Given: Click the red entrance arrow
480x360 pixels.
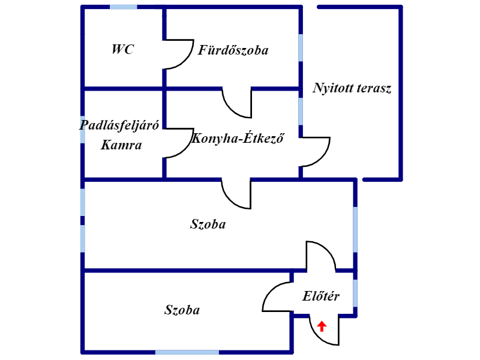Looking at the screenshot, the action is pos(322,326).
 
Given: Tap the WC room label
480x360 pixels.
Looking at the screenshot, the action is pos(123,49).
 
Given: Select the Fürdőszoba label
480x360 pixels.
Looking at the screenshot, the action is pos(233,50).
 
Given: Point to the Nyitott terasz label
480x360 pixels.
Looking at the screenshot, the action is pos(352,88).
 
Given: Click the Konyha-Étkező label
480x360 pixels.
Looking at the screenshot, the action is pos(238,138).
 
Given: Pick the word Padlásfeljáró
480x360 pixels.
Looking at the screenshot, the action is pos(119,125).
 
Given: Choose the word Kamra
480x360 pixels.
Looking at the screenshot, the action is pos(121,145).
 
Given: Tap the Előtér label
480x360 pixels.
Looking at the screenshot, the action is pos(321,296).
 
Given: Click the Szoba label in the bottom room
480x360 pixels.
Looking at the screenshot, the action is pos(182,310).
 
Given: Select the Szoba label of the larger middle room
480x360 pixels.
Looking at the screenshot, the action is pos(208,224).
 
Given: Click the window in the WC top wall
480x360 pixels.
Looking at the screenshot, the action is pos(124,7).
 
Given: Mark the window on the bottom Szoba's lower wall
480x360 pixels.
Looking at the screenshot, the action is pos(187,352).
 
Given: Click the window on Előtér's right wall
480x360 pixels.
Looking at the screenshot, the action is pos(355,293).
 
